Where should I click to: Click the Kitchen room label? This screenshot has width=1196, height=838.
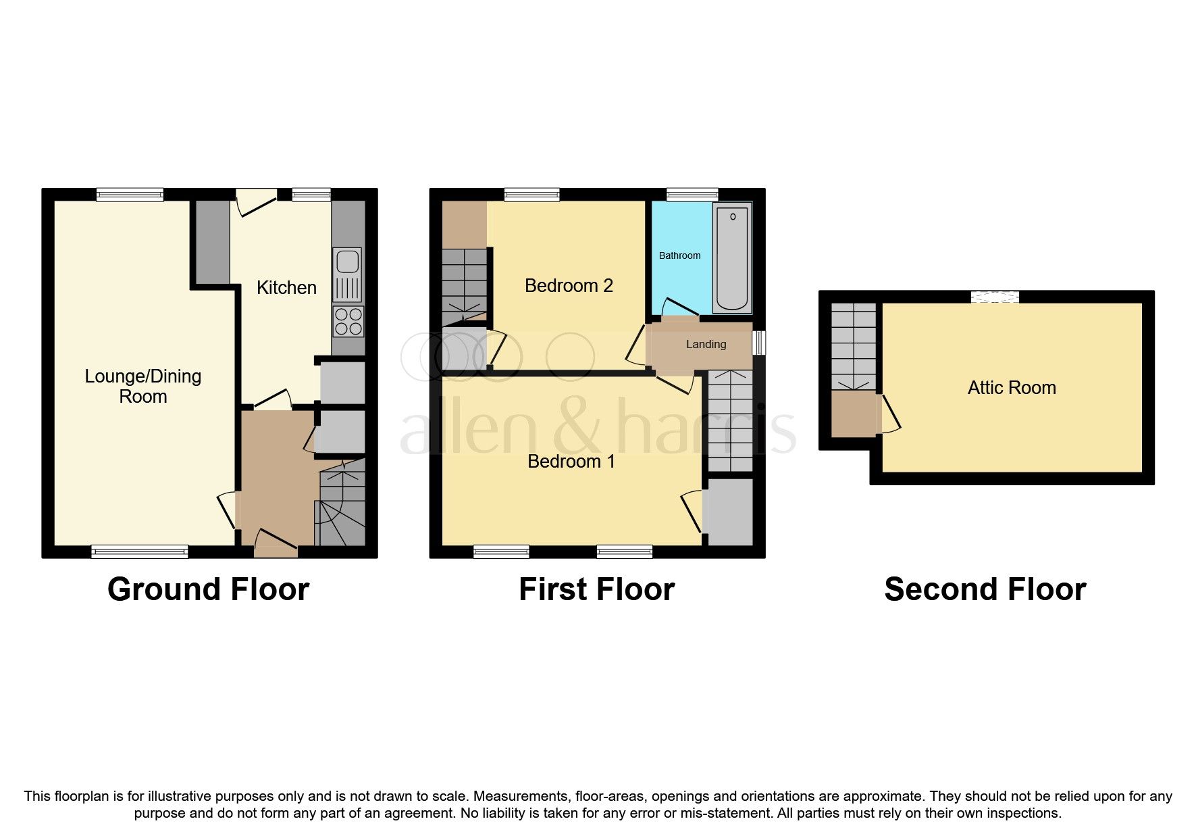[x=286, y=288]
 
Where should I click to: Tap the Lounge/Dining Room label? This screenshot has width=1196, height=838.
[x=142, y=387]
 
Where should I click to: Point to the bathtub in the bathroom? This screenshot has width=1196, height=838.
[x=733, y=259]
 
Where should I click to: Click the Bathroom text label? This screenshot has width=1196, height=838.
[x=679, y=255]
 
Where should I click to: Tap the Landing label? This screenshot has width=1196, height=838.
[x=706, y=345]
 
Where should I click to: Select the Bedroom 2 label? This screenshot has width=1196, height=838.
[x=569, y=286]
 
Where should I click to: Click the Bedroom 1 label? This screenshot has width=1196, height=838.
[x=571, y=462]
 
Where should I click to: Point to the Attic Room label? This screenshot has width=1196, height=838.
[x=1011, y=388]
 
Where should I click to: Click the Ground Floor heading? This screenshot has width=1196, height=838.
[x=208, y=589]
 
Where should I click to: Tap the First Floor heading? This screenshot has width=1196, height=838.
[x=596, y=589]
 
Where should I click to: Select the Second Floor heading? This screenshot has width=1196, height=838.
[x=985, y=589]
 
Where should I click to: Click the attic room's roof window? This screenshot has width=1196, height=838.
[x=994, y=297]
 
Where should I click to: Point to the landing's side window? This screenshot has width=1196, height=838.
[x=760, y=343]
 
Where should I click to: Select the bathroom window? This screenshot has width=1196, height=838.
[x=692, y=195]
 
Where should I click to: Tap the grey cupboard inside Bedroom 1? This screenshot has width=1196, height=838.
[x=728, y=512]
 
